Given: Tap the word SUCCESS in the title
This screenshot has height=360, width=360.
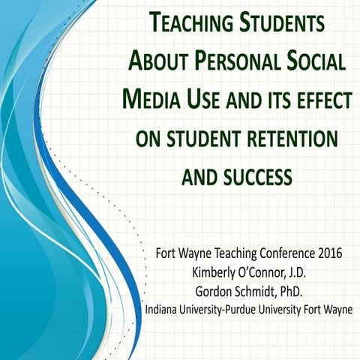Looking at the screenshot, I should pos(256,177).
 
